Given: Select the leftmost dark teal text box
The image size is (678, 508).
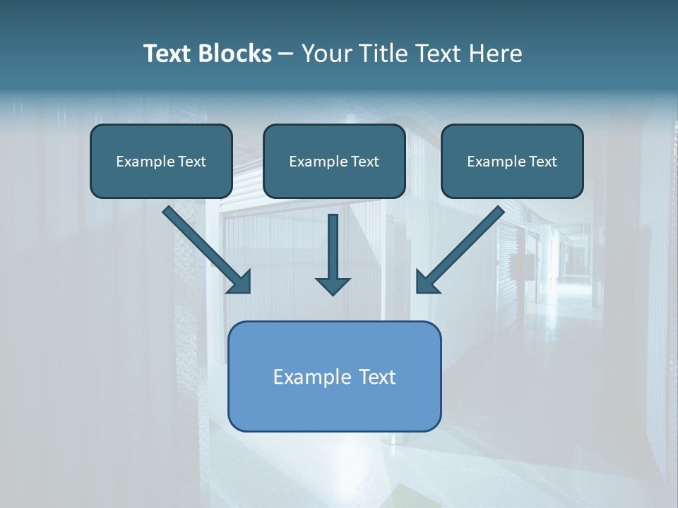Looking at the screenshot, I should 161,161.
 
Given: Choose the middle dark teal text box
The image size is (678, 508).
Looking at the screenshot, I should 334,161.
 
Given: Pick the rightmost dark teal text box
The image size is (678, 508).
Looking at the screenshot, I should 512,161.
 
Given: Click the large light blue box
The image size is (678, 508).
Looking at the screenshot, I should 334,376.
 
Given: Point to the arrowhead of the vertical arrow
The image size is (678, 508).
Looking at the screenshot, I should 333,285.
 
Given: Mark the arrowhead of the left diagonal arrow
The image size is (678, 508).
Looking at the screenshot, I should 240,282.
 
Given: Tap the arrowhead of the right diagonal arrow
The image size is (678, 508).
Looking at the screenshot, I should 427,282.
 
